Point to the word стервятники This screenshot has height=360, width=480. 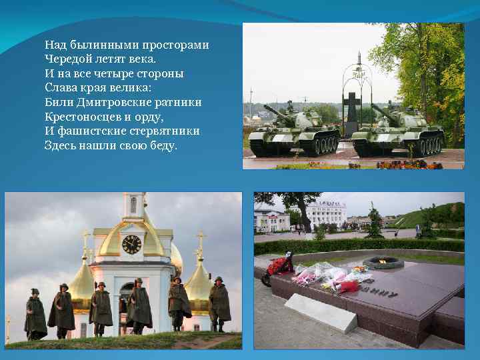tap(167, 131)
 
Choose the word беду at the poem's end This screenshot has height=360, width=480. tap(162, 145)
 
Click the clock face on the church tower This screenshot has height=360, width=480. tap(132, 244)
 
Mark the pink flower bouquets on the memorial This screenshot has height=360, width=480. tap(330, 275)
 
